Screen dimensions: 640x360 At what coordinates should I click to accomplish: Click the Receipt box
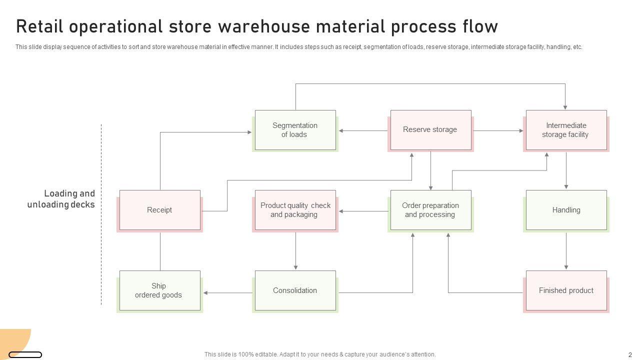[160, 210]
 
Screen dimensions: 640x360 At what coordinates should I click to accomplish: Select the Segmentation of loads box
[295, 130]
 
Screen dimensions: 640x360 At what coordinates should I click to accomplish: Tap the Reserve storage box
[431, 130]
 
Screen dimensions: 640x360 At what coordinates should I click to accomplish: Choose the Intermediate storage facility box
[566, 130]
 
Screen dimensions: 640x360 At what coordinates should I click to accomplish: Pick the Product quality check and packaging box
[295, 210]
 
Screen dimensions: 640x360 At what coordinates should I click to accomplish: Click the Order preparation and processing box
[431, 210]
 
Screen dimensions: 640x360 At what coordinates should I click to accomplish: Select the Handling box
[566, 210]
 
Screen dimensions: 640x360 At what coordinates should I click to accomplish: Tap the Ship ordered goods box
[160, 291]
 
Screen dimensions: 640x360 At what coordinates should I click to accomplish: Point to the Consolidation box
[295, 291]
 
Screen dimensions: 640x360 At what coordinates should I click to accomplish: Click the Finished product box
[566, 291]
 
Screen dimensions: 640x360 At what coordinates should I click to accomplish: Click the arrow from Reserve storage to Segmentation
[363, 131]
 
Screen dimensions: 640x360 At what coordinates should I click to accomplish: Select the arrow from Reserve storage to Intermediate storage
[498, 131]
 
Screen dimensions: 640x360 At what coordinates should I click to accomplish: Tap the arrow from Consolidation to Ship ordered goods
[227, 293]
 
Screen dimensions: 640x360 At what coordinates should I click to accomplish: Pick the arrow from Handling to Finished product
[566, 251]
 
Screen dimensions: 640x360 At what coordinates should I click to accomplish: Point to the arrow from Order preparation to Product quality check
[363, 211]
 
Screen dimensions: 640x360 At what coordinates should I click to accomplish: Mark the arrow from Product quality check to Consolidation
[295, 251]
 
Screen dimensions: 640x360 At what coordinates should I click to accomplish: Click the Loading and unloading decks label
[61, 199]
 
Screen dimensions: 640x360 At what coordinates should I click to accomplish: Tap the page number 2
[630, 355]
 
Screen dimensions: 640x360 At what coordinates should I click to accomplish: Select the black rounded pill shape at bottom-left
[25, 355]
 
